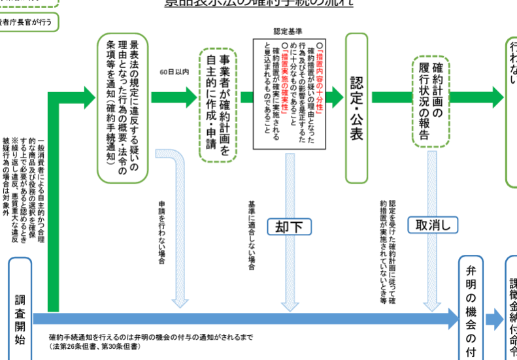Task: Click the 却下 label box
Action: point(288,226)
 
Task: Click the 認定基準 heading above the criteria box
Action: point(288,31)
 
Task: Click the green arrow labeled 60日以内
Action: point(174,97)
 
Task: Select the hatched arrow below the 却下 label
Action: point(288,274)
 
